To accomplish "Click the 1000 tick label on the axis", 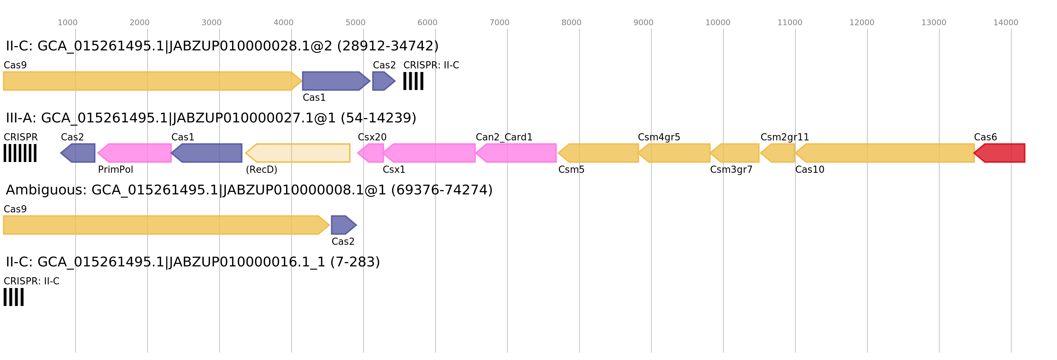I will pos(67,23).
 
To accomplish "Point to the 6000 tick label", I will pos(427,23).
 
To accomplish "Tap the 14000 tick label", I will pos(1005,23).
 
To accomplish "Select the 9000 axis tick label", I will pos(643,23).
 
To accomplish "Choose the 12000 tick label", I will pos(861,23).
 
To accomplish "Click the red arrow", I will pos(1000,153).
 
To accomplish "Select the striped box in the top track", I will pos(413,81).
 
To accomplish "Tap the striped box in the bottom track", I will pos(14,297).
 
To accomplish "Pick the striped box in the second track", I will pos(20,153).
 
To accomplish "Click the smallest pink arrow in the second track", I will pos(371,153).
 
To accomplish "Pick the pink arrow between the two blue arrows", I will pos(135,153).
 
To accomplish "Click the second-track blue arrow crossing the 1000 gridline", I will pos(79,153).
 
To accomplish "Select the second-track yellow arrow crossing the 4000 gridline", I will pos(298,153).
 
